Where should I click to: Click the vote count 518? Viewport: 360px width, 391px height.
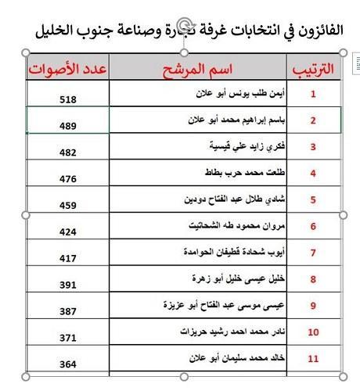(68, 100)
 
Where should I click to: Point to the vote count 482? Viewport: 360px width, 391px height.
(68, 153)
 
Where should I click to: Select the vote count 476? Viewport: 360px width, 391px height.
(68, 180)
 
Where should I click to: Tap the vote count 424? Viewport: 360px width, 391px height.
(68, 233)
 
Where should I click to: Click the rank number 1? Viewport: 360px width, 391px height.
(313, 94)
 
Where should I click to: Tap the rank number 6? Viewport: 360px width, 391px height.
(313, 227)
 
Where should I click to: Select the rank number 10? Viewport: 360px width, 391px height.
(313, 332)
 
